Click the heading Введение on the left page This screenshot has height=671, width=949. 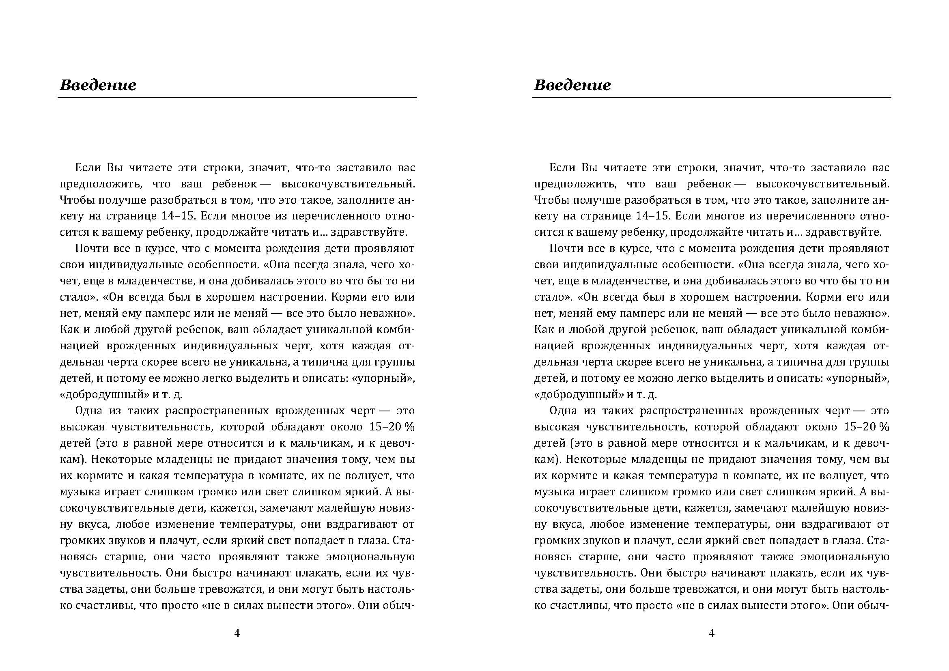tap(98, 85)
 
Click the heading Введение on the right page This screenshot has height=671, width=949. tap(572, 85)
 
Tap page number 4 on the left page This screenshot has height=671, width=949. tap(237, 633)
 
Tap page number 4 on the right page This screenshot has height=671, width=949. tap(711, 633)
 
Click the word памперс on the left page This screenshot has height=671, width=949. tap(166, 314)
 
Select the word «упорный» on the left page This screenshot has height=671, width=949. tap(390, 379)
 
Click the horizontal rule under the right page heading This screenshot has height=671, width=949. tap(711, 98)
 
